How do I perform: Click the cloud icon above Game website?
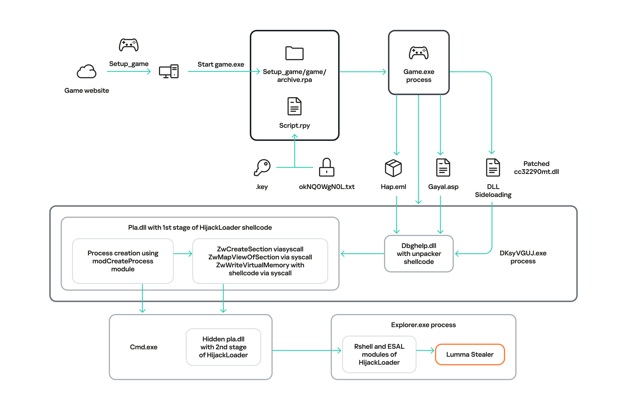pyautogui.click(x=87, y=71)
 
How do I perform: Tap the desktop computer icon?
pyautogui.click(x=169, y=71)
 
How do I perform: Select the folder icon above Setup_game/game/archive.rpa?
pyautogui.click(x=294, y=53)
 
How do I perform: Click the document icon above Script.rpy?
pyautogui.click(x=294, y=106)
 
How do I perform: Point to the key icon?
pyautogui.click(x=262, y=167)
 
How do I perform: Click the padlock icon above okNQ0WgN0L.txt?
pyautogui.click(x=326, y=167)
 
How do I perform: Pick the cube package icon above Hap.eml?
pyautogui.click(x=393, y=168)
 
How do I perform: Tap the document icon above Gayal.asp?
pyautogui.click(x=443, y=168)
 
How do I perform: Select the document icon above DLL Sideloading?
pyautogui.click(x=493, y=168)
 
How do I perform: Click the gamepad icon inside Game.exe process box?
pyautogui.click(x=418, y=53)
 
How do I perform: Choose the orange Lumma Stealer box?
pyautogui.click(x=470, y=354)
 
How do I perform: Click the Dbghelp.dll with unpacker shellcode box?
pyautogui.click(x=418, y=254)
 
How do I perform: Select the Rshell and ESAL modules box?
pyautogui.click(x=379, y=354)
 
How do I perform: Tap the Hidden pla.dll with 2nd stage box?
pyautogui.click(x=223, y=347)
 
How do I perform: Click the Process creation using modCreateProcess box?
pyautogui.click(x=123, y=261)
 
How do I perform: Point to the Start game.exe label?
pyautogui.click(x=221, y=64)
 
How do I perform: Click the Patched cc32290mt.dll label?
pyautogui.click(x=536, y=168)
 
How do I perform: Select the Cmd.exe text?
pyautogui.click(x=144, y=347)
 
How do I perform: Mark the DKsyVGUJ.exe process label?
pyautogui.click(x=523, y=257)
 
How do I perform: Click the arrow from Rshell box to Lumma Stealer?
pyautogui.click(x=425, y=350)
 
